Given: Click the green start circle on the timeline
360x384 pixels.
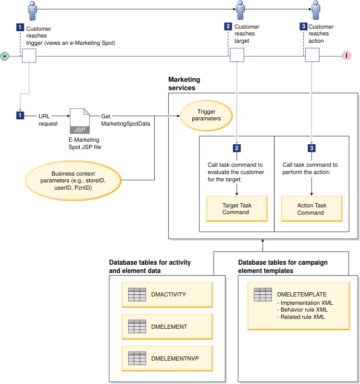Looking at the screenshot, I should coord(5,55).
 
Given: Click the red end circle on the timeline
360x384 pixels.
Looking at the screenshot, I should coord(346,55).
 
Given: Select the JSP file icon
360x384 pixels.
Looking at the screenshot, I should coord(79,121).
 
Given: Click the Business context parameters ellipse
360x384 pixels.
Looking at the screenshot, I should coord(73,180).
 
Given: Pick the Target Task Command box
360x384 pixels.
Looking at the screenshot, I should coord(237,209).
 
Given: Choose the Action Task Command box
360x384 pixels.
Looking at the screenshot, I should coord(312,209).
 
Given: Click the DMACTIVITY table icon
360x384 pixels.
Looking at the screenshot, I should coord(136,294).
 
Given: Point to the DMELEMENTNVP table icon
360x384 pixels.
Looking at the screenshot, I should coord(136,358).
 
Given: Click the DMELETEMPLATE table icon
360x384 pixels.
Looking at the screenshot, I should coord(263,294).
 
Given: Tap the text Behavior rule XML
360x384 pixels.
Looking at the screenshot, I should coord(303,309).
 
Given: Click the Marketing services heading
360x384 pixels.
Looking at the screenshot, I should coord(184,84).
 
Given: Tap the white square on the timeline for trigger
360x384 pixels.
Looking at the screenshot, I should coord(29,55).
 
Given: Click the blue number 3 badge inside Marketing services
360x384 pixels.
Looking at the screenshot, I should coord(312,148).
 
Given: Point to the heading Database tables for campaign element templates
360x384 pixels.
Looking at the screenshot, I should coord(283,267).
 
